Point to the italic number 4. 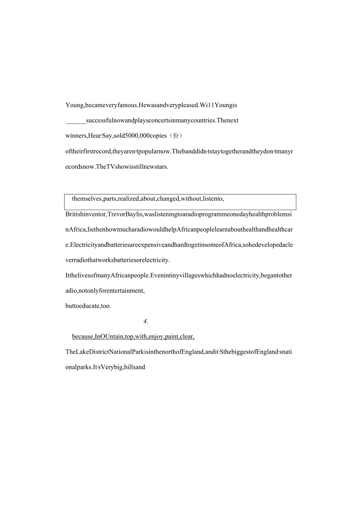(x=145, y=321)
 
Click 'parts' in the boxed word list (x=110, y=199)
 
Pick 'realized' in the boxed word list (x=129, y=199)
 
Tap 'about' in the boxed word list (x=148, y=199)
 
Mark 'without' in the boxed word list (x=191, y=199)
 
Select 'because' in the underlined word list (x=83, y=336)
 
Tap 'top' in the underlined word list (x=129, y=336)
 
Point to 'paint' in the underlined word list (x=172, y=336)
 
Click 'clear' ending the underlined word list (x=188, y=336)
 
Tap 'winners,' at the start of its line (x=76, y=136)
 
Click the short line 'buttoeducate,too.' (x=88, y=306)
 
